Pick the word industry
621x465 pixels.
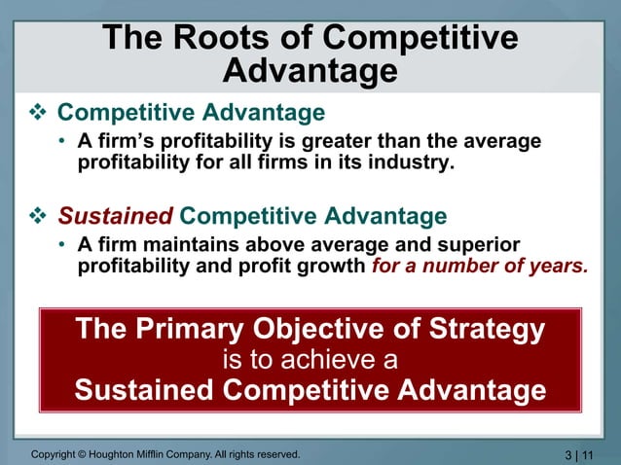click(x=412, y=161)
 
